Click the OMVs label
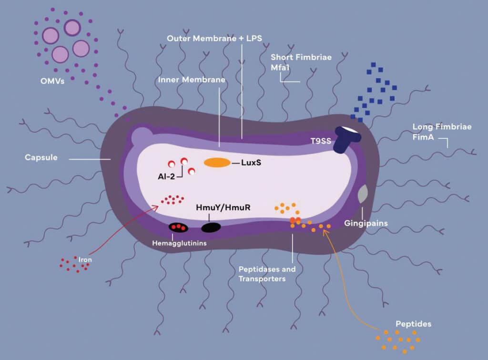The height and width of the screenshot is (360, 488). (52, 80)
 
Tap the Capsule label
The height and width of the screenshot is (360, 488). (41, 157)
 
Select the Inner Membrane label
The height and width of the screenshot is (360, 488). (191, 80)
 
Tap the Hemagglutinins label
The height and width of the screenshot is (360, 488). (175, 243)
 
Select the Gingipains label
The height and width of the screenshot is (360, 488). (366, 223)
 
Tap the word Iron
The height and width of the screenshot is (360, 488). (86, 260)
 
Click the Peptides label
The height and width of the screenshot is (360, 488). (413, 324)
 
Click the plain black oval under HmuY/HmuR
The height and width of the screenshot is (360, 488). (211, 227)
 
